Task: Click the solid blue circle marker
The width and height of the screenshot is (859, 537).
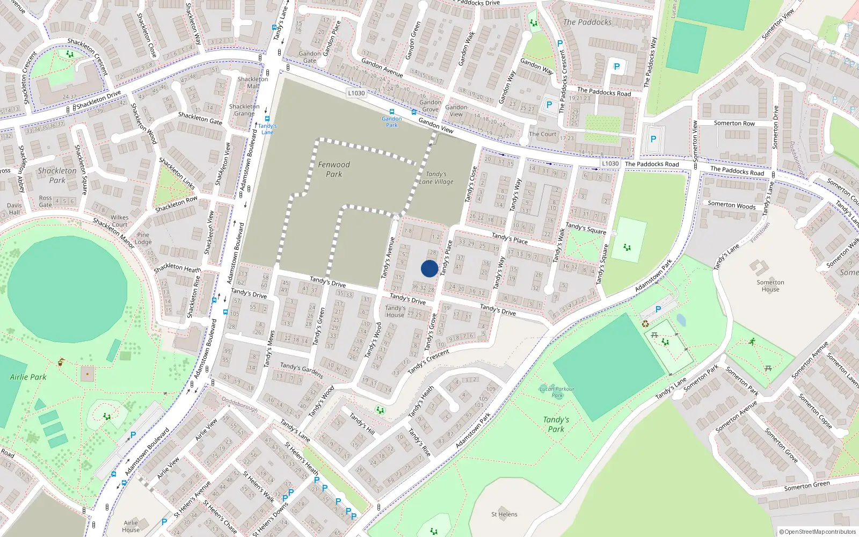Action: coord(429,268)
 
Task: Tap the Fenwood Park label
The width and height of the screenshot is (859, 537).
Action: coord(333,169)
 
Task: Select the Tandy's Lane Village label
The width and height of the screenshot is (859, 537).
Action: coord(436,178)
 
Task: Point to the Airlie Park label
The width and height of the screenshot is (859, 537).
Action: coord(28,377)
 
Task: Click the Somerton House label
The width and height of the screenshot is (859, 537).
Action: coord(770,286)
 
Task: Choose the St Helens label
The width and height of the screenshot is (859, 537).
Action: coord(504,514)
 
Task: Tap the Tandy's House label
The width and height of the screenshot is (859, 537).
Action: coord(395,311)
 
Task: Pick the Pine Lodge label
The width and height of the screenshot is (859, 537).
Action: coord(143,238)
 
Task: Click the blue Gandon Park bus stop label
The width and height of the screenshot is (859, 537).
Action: coord(391,122)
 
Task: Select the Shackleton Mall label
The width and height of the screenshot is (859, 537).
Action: coord(253,82)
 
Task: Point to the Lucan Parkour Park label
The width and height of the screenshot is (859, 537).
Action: coord(557,392)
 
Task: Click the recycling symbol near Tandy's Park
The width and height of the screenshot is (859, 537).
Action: coord(645,324)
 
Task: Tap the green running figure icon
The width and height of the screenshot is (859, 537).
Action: coord(752,341)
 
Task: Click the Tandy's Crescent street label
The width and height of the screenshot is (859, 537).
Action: coord(428,362)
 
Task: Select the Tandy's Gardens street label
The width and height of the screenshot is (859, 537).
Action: coord(301,370)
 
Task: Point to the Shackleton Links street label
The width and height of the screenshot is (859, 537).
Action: coord(177,172)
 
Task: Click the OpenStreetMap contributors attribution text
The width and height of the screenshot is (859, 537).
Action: coord(817,532)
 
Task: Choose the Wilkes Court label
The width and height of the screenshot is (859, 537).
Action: coord(119,221)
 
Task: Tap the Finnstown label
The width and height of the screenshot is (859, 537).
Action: coord(760,233)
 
